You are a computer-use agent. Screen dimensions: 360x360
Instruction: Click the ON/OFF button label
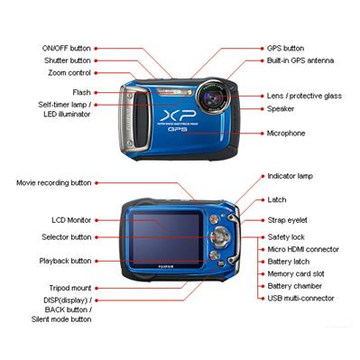coord(66,48)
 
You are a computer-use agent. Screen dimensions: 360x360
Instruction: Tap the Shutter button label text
coord(68,60)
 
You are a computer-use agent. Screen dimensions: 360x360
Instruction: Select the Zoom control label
coord(69,73)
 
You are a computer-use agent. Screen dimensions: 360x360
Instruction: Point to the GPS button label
coord(285,48)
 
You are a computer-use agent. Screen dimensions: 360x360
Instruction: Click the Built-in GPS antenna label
coord(300,60)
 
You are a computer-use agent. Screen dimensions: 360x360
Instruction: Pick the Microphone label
coord(286,134)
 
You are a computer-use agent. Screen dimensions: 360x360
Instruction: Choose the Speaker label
coord(281,108)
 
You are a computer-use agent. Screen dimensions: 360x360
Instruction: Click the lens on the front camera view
coord(213,97)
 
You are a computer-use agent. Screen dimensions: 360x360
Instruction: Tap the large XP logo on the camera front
coord(178,115)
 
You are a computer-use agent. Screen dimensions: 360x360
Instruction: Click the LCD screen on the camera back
coord(166,238)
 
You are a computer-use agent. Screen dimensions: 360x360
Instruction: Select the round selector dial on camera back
coord(220,236)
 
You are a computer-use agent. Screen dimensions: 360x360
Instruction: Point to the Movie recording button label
coord(54,183)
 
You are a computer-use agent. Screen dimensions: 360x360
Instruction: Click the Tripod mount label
coord(70,288)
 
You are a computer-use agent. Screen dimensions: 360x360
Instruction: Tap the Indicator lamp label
coord(291,176)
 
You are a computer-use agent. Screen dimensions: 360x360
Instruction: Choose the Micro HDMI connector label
coord(303,249)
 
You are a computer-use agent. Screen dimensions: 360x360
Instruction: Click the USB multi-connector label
coord(300,299)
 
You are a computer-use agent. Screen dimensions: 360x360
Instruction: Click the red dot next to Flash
coord(97,92)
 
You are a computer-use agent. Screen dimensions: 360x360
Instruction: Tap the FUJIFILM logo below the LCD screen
coord(166,266)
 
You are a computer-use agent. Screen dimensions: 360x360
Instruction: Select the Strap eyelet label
coord(288,220)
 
